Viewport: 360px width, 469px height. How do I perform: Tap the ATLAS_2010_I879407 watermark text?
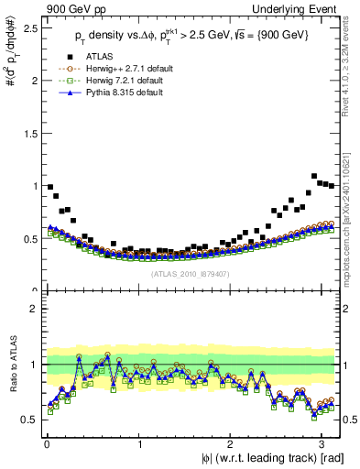[x=191, y=274]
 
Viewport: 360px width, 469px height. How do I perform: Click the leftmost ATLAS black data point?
[x=49, y=187]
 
